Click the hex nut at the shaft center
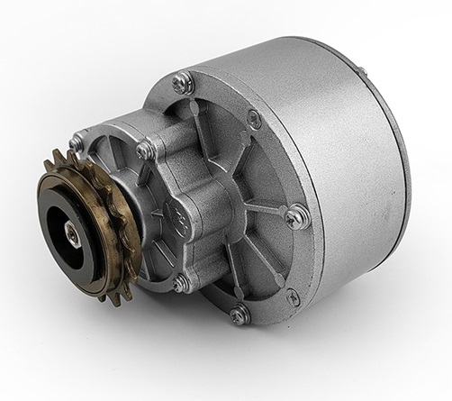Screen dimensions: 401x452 click(x=71, y=232)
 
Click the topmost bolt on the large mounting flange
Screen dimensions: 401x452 click(x=183, y=82)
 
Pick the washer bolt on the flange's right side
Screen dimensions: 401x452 click(x=297, y=216)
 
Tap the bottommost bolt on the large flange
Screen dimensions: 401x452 click(x=240, y=314)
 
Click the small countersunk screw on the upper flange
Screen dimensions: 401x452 click(x=255, y=118)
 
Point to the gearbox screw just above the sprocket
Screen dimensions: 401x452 click(x=78, y=141)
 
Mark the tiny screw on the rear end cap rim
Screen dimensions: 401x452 click(x=360, y=71)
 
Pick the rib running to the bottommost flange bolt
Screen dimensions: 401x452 click(x=230, y=279)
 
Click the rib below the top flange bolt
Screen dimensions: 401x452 click(x=193, y=113)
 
